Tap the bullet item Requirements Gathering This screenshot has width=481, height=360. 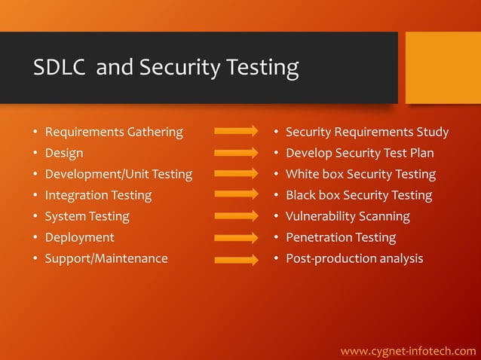pyautogui.click(x=114, y=133)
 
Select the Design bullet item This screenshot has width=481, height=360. pyautogui.click(x=64, y=154)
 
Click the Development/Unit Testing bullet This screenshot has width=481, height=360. pyautogui.click(x=118, y=175)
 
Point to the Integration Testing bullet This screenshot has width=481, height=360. pyautogui.click(x=98, y=196)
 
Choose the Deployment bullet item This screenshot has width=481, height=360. pyautogui.click(x=79, y=238)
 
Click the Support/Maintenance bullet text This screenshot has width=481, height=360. pyautogui.click(x=106, y=259)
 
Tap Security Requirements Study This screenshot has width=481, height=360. pyautogui.click(x=366, y=133)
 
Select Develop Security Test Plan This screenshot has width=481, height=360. pyautogui.click(x=360, y=154)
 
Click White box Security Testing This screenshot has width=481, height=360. pyautogui.click(x=360, y=175)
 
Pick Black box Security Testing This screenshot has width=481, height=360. pyautogui.click(x=359, y=196)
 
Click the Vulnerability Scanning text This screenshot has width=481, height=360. pyautogui.click(x=348, y=217)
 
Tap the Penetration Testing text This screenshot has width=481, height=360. pyautogui.click(x=341, y=238)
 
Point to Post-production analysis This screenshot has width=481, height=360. pyautogui.click(x=354, y=259)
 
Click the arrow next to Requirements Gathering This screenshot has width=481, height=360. pyautogui.click(x=237, y=132)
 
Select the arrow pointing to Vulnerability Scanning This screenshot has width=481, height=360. pyautogui.click(x=237, y=217)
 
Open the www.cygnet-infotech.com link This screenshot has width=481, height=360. pyautogui.click(x=408, y=351)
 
